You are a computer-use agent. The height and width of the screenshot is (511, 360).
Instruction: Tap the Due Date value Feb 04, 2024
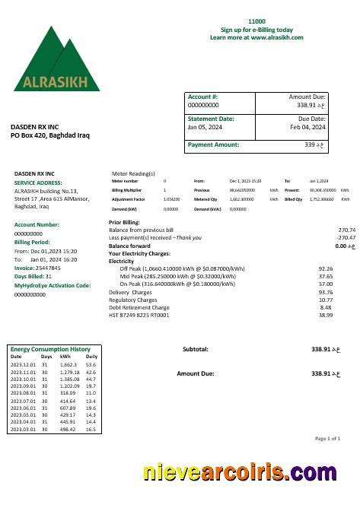[307, 127]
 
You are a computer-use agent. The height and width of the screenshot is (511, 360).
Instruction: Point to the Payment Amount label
[213, 144]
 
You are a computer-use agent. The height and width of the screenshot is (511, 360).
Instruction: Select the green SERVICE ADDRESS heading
[38, 183]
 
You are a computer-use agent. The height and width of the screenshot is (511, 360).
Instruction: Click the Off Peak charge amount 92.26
[326, 268]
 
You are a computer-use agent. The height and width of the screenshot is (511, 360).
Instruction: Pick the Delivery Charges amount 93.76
[326, 292]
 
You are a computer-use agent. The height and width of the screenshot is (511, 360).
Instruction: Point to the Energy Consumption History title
[55, 348]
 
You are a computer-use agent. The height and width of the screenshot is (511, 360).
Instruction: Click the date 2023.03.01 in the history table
[24, 430]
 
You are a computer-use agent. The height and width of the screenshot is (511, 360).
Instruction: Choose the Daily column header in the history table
[91, 356]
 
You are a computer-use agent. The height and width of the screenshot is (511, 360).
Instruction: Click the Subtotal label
[196, 349]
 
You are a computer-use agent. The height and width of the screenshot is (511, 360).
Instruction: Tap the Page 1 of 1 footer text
[327, 439]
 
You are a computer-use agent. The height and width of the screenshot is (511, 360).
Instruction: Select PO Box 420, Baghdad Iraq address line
[50, 135]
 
